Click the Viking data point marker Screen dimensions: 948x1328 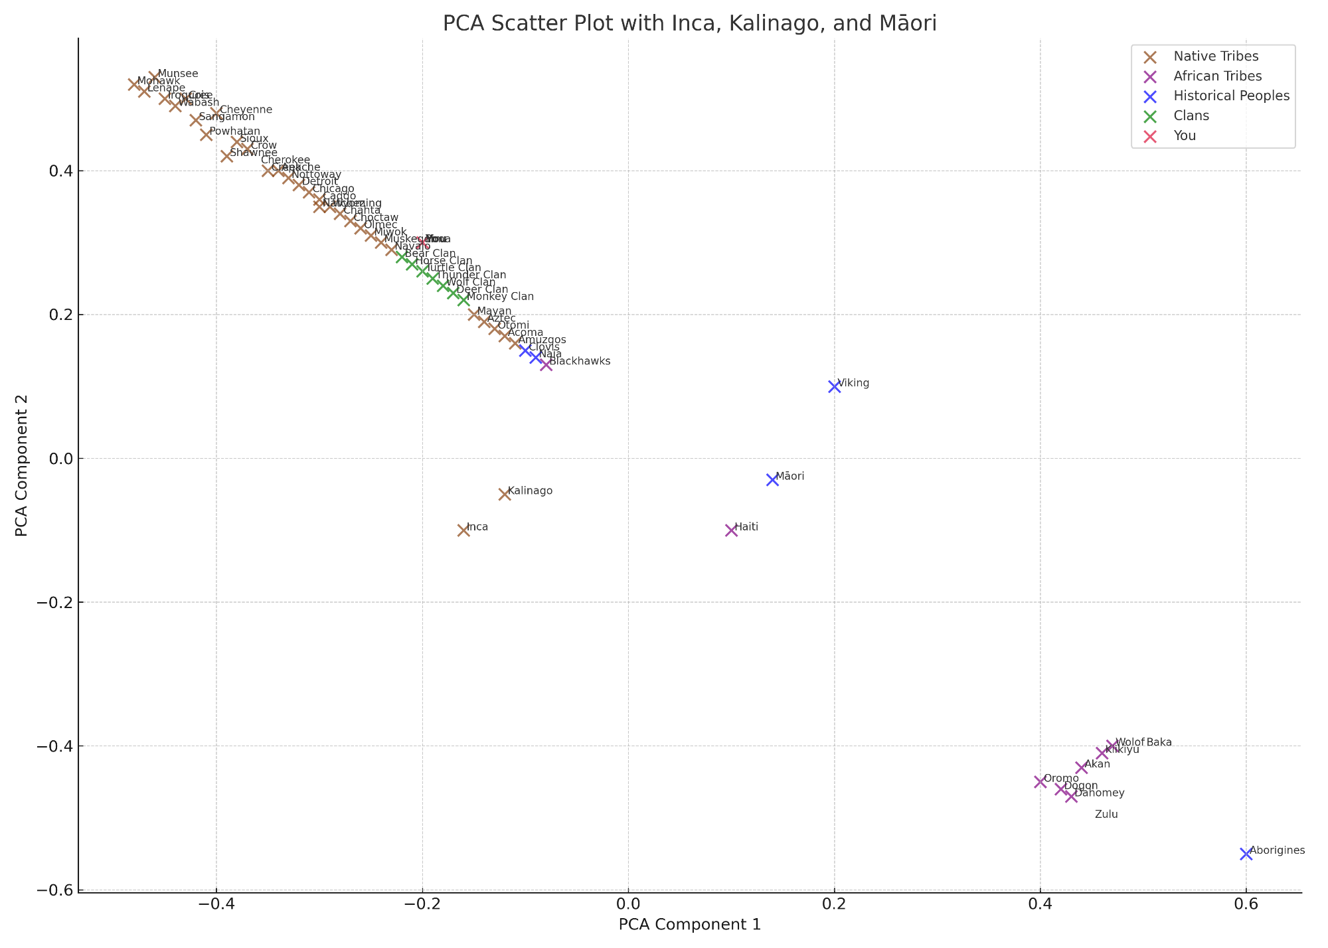point(834,386)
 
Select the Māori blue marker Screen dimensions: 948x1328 point(772,479)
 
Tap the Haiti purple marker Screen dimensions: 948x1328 point(731,530)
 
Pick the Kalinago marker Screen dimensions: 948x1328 point(505,494)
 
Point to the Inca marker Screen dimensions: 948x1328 point(463,530)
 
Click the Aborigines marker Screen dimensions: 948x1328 point(1246,854)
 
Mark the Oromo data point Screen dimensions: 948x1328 point(1040,781)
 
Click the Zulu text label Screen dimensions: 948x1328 point(1106,815)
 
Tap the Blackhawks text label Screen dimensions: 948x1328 point(579,362)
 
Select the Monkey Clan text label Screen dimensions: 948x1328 point(500,297)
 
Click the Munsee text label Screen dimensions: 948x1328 point(178,74)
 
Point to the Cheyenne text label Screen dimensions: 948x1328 point(246,110)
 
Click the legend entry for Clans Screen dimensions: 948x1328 point(1191,116)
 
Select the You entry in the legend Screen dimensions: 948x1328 point(1185,135)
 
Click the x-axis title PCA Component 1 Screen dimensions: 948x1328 point(689,925)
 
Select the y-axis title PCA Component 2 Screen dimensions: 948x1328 point(22,465)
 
